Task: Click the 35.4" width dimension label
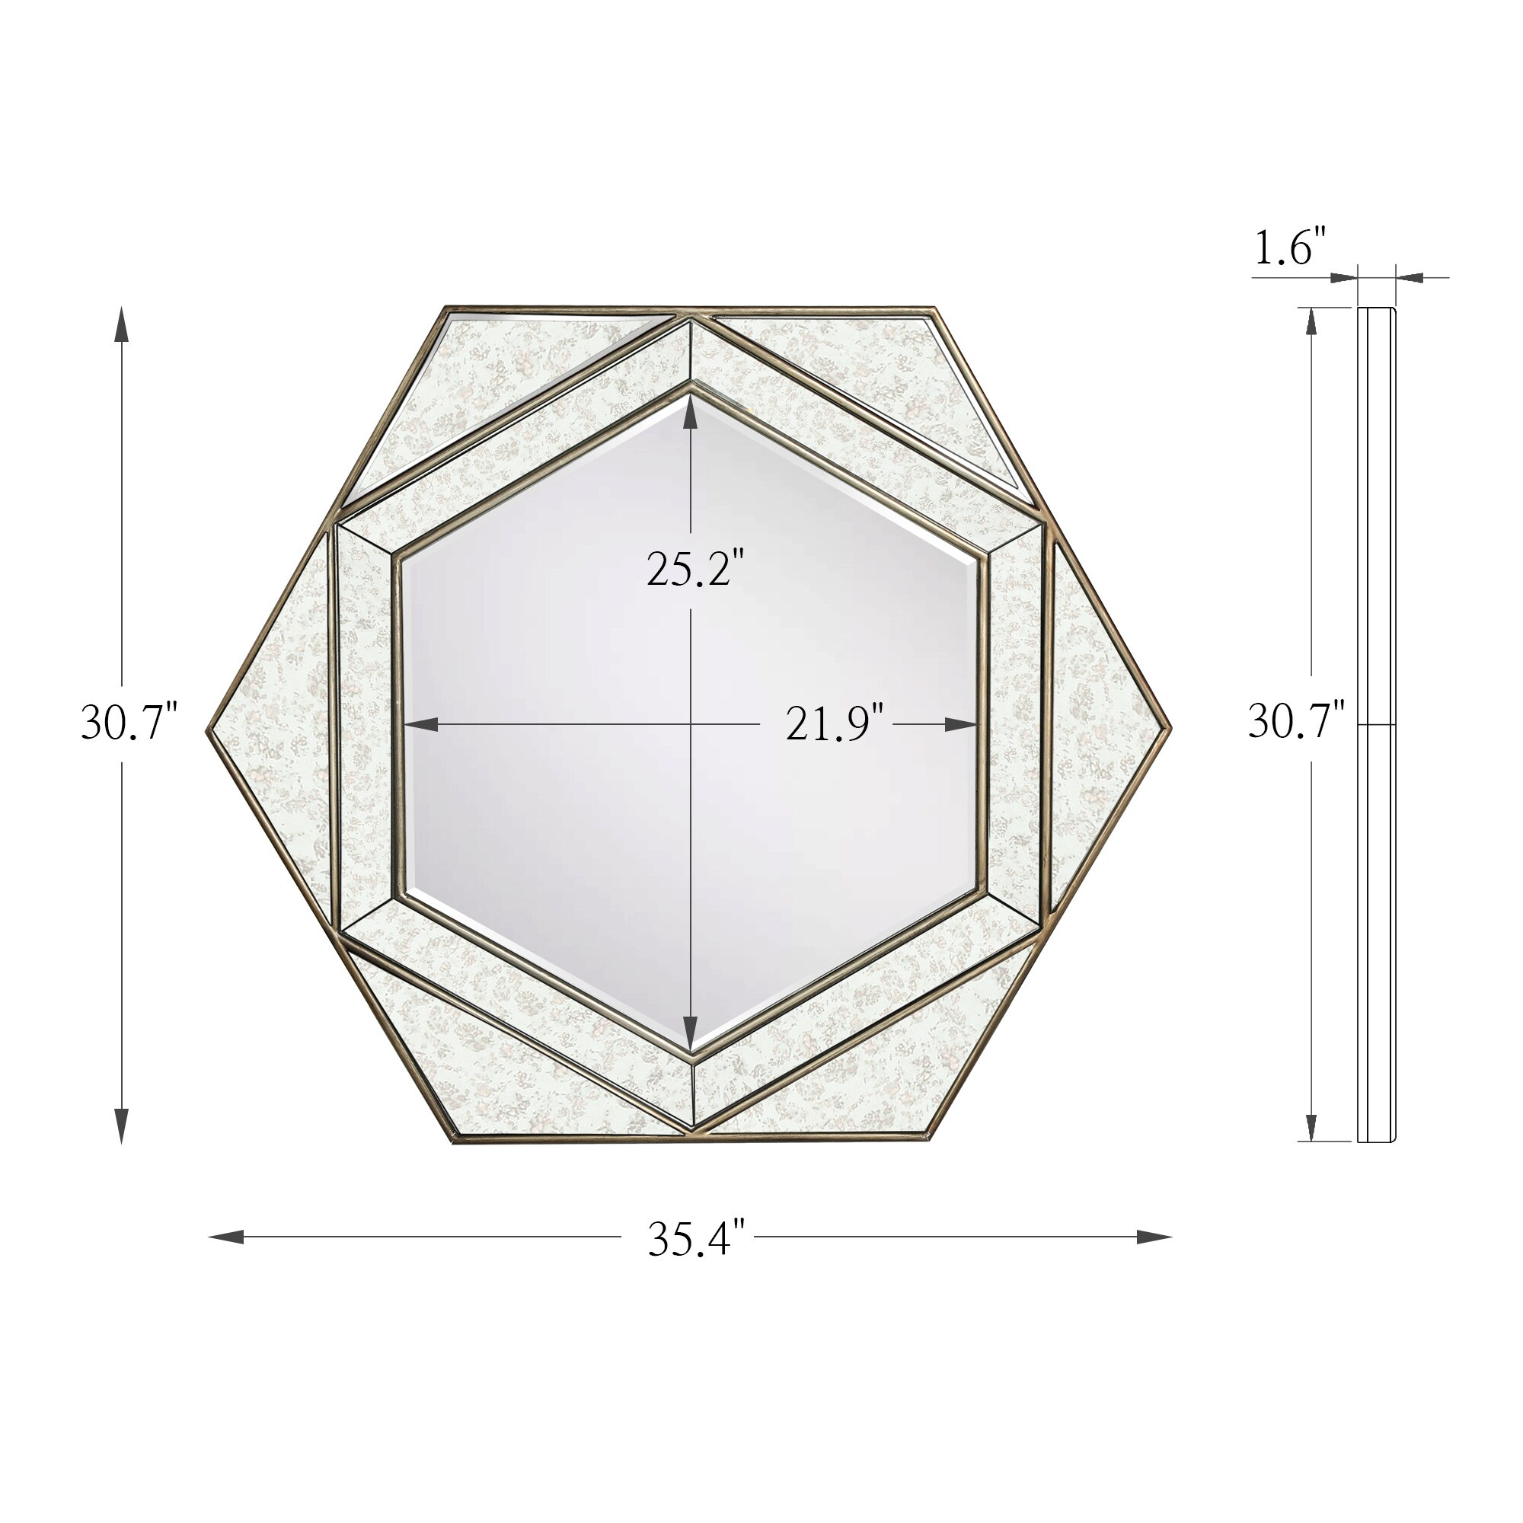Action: tap(696, 1239)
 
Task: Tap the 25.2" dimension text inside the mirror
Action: tap(690, 569)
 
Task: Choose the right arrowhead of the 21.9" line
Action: tap(961, 724)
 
